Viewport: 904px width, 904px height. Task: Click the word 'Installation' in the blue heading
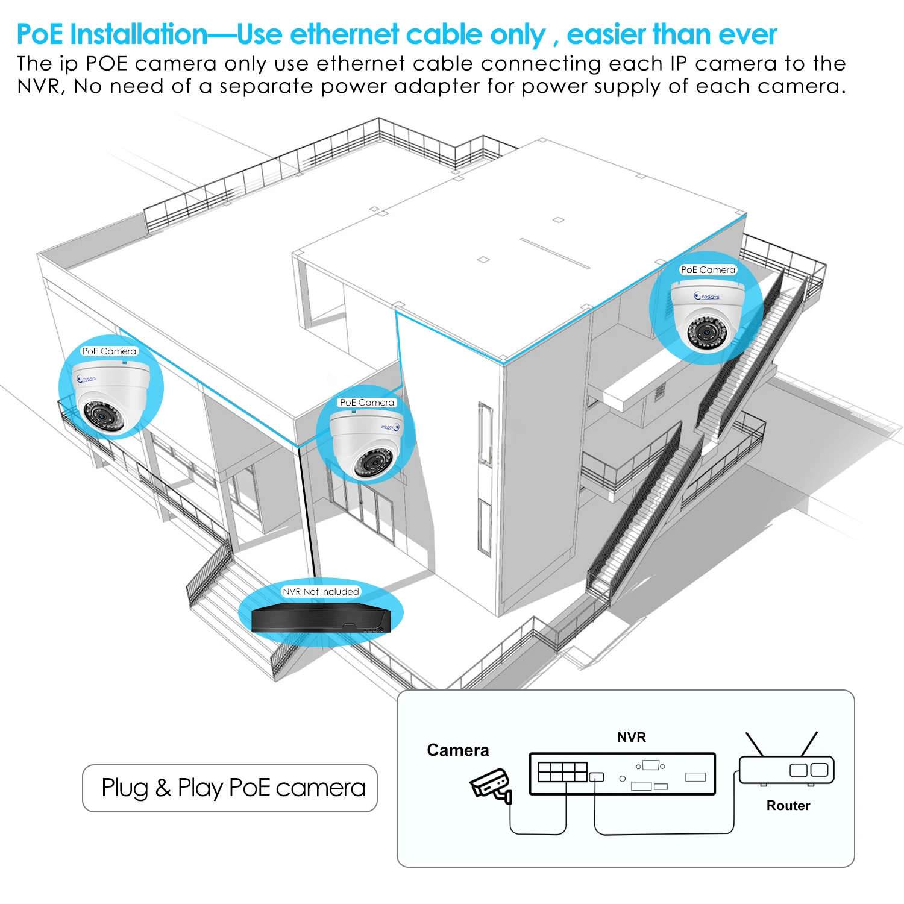139,34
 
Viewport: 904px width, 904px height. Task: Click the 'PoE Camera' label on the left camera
109,351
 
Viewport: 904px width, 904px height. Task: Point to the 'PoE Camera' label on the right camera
708,269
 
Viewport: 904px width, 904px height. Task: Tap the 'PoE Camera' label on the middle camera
367,402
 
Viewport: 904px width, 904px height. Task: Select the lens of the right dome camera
706,331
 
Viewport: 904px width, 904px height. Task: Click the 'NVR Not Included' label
321,591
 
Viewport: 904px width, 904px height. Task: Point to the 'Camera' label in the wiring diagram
458,750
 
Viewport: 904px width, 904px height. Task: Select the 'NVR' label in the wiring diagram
632,737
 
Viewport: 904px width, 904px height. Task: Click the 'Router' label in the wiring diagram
788,805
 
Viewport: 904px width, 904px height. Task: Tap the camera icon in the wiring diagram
491,785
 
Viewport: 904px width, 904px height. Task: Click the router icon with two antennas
786,768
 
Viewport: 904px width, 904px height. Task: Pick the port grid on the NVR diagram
562,772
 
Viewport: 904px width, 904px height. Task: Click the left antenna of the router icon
755,744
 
